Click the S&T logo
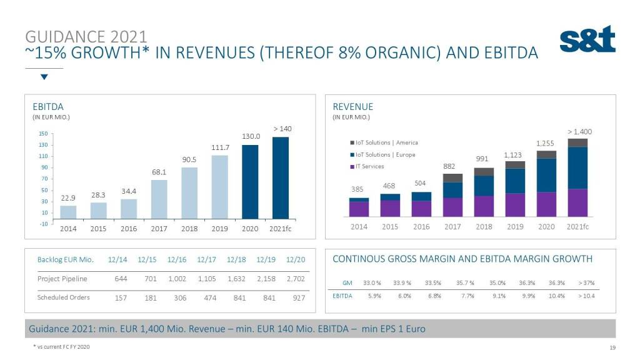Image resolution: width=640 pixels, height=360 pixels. point(587,40)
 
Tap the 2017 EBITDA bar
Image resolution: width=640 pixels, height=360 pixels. point(159,199)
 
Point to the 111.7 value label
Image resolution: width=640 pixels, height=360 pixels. point(221,147)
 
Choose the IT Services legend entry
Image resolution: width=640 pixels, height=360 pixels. point(372,166)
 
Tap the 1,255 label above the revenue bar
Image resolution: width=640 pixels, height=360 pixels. point(545,143)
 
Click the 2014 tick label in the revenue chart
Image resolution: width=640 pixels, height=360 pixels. point(359,227)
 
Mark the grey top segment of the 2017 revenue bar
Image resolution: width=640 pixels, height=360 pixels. point(452,177)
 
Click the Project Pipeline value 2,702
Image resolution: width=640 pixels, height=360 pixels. point(295,279)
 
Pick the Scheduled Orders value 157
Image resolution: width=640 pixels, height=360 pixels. point(121,297)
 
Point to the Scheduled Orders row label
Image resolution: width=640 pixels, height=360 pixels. point(63,297)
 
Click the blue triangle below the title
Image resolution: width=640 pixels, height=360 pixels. point(44,77)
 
